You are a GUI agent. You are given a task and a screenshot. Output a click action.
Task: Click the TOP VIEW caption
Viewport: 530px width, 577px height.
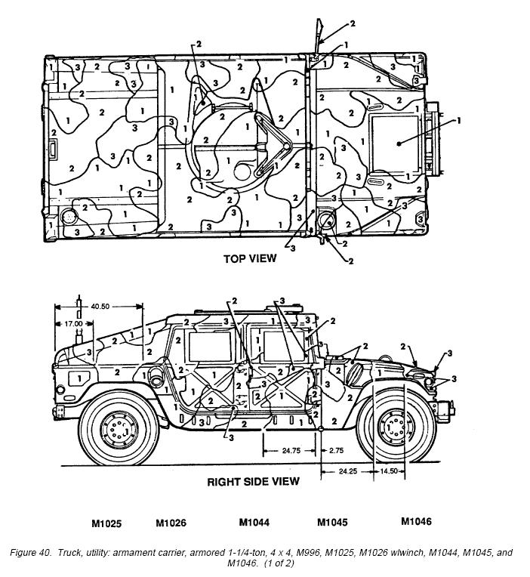(250, 258)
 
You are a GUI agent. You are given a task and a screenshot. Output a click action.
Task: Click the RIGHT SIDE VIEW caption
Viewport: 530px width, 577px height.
(254, 482)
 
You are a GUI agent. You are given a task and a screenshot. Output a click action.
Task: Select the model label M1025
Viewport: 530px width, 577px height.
(106, 523)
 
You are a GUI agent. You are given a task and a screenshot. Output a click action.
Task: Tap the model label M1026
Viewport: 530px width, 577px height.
(171, 523)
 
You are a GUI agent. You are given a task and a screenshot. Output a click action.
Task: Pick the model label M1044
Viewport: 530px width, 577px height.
(254, 522)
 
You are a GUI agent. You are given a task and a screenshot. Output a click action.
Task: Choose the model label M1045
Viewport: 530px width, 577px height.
(332, 522)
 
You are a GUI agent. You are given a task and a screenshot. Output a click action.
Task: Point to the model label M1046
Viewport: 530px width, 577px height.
(416, 521)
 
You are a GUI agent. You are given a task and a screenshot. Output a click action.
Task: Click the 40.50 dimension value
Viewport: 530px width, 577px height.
(100, 306)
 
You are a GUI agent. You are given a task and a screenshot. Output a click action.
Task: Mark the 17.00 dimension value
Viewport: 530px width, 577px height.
(73, 324)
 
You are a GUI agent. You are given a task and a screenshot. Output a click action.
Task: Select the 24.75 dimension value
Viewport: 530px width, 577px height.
(291, 451)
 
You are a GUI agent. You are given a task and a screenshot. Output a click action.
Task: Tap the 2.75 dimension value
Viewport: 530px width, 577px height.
(336, 451)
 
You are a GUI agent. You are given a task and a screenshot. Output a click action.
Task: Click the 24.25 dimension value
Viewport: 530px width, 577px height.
(347, 471)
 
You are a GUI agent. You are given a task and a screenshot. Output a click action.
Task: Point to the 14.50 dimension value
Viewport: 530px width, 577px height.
(389, 471)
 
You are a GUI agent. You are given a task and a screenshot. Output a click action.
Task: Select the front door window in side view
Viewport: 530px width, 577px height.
(283, 347)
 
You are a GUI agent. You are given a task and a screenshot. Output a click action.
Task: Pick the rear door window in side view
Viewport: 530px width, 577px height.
(210, 347)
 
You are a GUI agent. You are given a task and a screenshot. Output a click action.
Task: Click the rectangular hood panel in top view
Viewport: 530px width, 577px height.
(395, 144)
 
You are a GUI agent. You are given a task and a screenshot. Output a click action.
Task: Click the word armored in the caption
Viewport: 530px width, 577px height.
(204, 553)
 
